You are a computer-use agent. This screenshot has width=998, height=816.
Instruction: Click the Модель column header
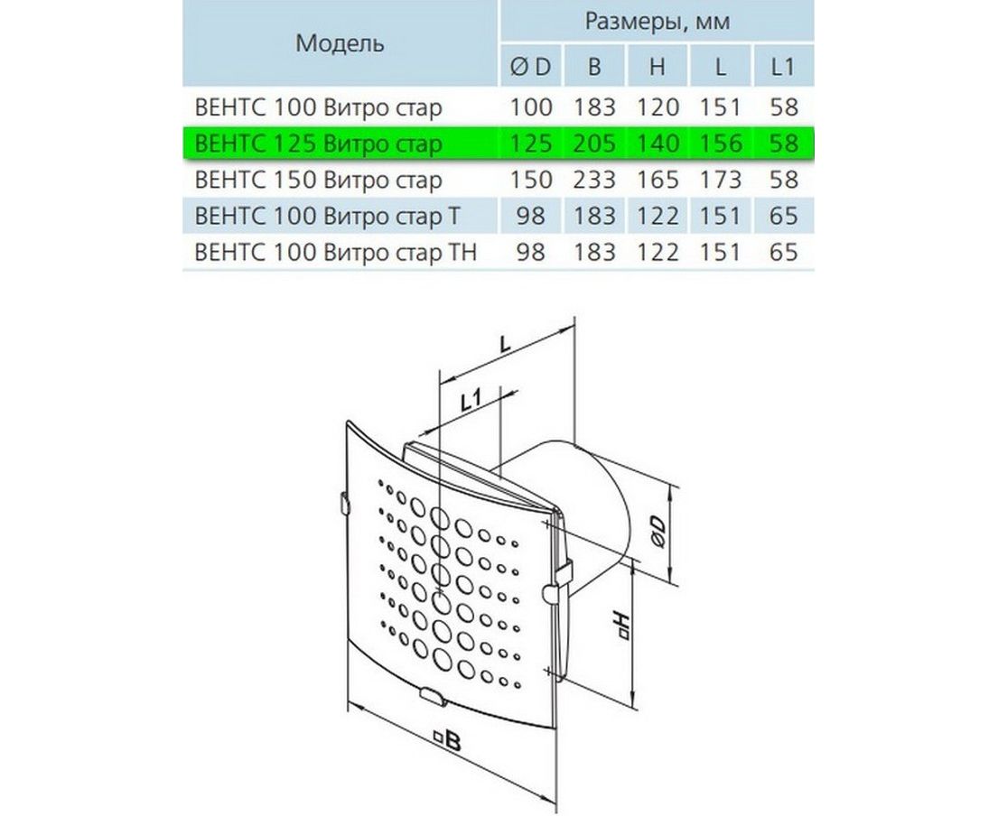(340, 43)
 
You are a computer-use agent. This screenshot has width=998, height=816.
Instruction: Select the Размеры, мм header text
(658, 22)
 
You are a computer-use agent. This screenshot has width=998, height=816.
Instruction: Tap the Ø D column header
(531, 66)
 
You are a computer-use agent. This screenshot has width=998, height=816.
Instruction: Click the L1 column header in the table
(783, 66)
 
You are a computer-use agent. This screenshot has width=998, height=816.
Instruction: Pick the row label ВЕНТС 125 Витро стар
(318, 144)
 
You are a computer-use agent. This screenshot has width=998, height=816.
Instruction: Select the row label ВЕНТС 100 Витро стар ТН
(335, 253)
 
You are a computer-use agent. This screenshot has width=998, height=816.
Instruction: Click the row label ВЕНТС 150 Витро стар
(318, 180)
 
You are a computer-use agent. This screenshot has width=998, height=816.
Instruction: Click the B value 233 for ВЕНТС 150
(594, 180)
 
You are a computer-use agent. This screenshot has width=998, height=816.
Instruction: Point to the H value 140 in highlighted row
(658, 144)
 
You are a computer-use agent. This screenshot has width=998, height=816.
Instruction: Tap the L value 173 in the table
(721, 180)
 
